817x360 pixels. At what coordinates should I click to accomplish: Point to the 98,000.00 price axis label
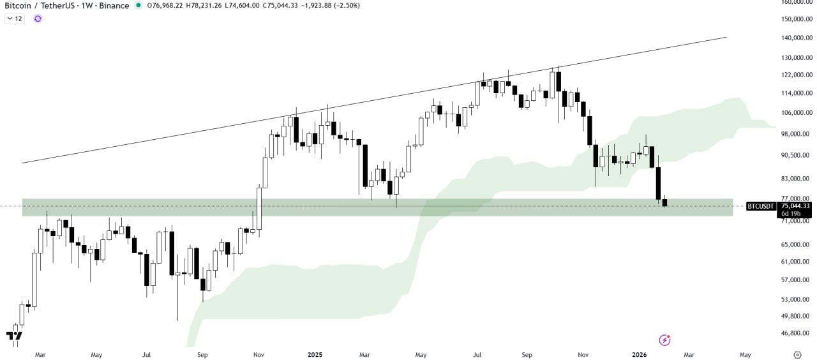coord(795,134)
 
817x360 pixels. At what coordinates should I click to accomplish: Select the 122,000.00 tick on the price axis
coord(795,75)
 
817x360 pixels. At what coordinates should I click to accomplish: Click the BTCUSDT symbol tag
coord(761,206)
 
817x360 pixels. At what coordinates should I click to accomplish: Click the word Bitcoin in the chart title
coord(19,6)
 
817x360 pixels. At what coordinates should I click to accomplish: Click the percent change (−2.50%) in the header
coord(344,6)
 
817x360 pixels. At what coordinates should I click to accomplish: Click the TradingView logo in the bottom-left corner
coord(14,336)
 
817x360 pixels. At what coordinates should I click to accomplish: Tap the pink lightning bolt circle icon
coord(664,340)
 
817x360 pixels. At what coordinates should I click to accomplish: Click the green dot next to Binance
coord(139,6)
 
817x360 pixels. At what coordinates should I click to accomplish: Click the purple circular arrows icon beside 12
coord(38,19)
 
